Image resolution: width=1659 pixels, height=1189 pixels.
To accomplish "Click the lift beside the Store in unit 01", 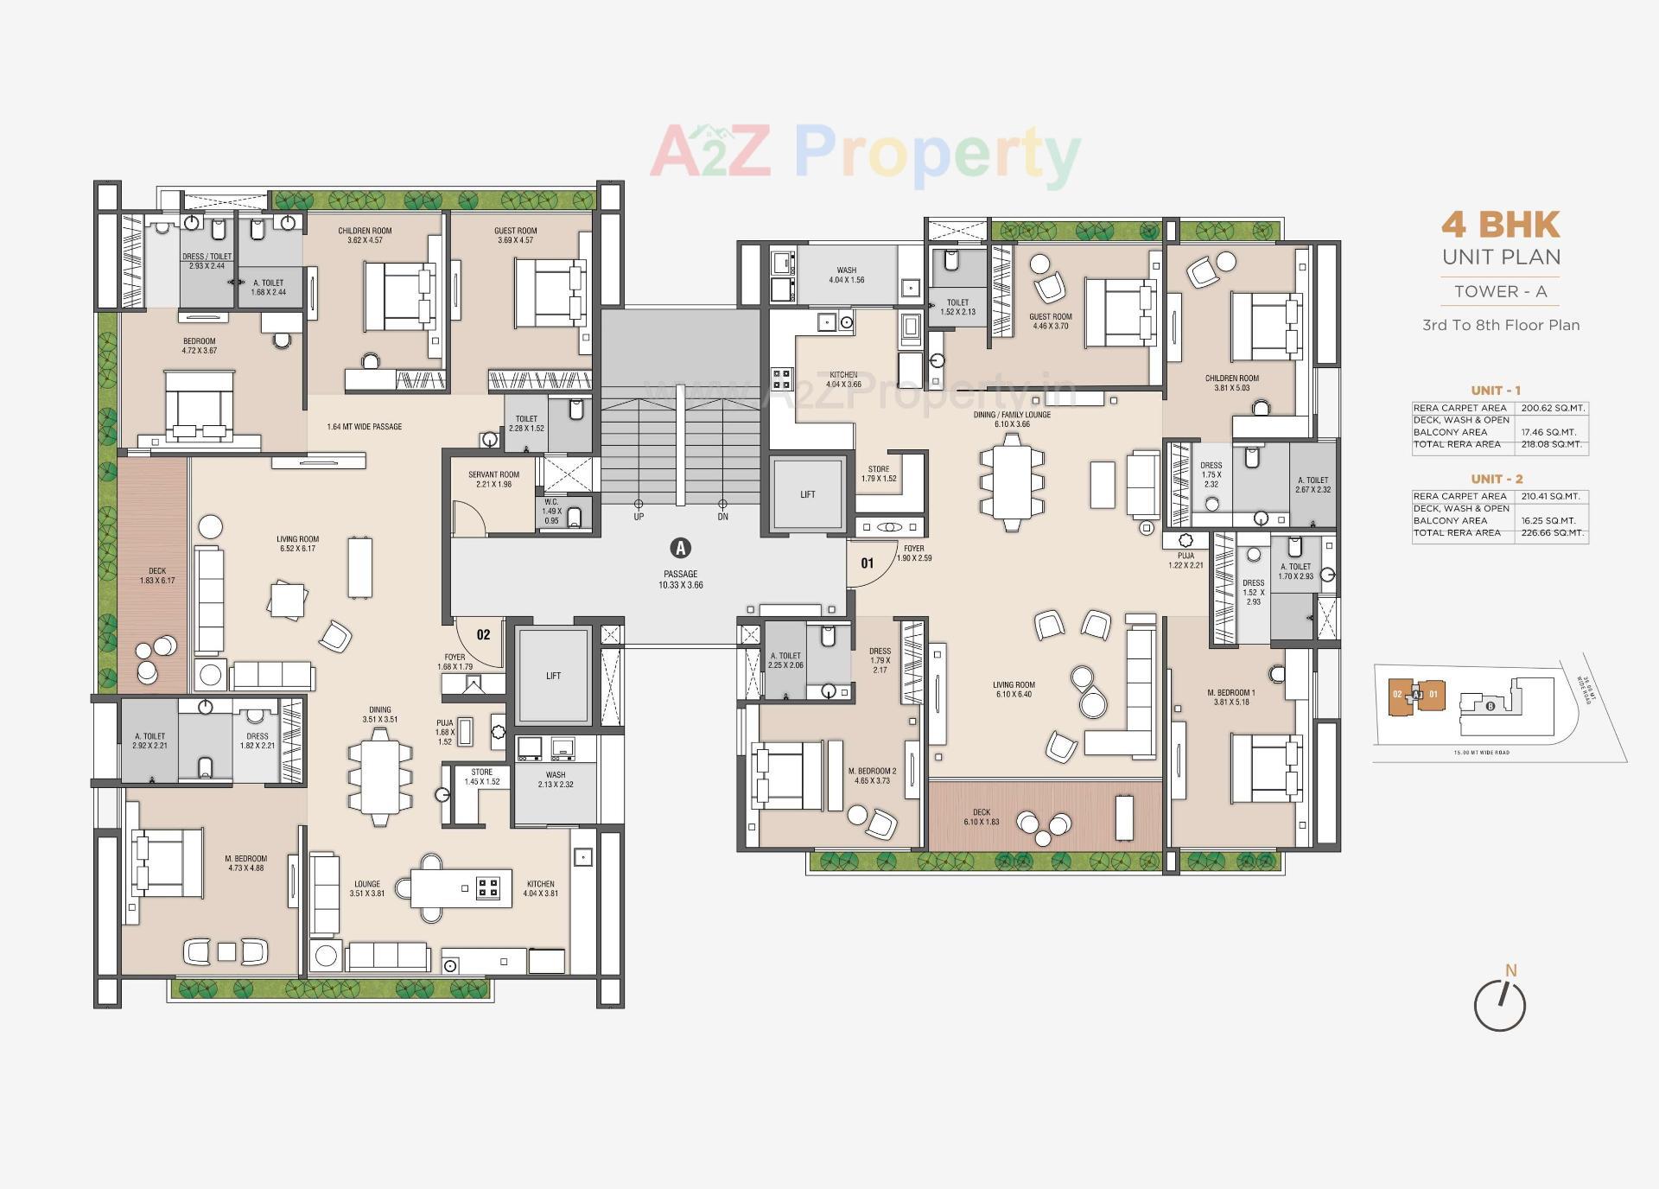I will pos(807,494).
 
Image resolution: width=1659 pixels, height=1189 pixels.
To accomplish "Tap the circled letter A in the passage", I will pos(681,548).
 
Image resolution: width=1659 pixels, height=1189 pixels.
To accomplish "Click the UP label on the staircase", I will pos(639,517).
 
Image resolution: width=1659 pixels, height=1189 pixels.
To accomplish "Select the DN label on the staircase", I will pos(723,517).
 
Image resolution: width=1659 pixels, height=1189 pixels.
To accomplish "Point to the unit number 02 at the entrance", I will pos(483,635).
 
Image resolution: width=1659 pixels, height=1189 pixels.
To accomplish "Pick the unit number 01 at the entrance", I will pos(867,563).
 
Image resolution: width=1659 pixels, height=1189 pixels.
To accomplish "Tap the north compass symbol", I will pos(1500,1005).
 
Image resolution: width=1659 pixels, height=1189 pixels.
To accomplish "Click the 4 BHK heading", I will pos(1500,226).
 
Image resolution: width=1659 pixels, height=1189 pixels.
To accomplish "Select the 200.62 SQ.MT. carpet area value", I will pos(1552,408).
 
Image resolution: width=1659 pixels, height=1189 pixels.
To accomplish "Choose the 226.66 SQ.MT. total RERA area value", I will pos(1552,533).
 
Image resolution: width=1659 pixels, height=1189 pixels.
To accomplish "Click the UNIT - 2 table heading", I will pos(1497,479).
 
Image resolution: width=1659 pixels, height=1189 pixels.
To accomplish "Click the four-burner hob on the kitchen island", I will pos(488,887).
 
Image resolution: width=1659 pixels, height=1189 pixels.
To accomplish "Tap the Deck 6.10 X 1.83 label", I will pos(982,817).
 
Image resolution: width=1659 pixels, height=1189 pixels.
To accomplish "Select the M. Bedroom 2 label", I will pos(872,776).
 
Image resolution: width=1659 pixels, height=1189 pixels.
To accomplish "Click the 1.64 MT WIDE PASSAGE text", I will pos(365,427).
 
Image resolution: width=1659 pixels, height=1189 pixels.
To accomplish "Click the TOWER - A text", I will pos(1500,292).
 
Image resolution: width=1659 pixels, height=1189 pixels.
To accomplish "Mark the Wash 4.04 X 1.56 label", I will pos(846,275).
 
